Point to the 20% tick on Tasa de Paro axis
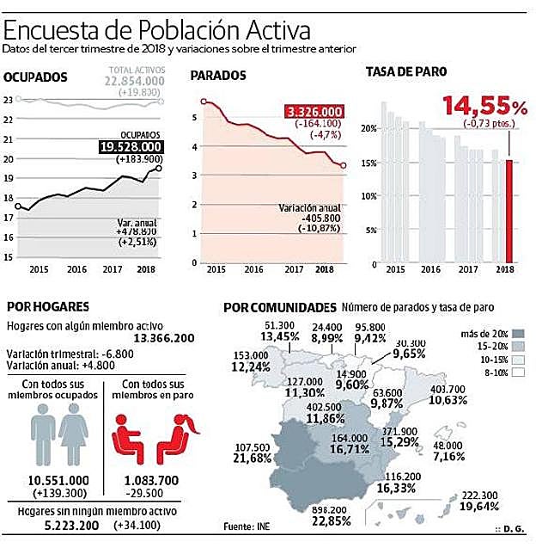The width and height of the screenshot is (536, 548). [x=368, y=128]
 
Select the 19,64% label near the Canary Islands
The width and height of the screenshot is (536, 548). [x=492, y=507]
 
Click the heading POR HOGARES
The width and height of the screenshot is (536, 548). [x=47, y=306]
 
